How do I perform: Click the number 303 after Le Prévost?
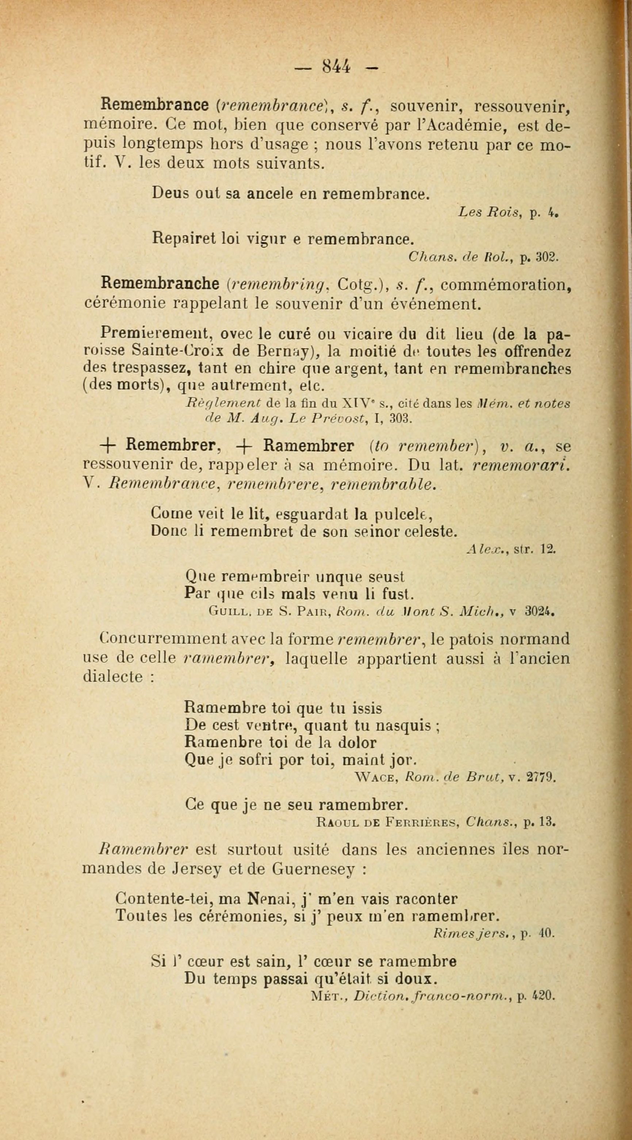coord(401,418)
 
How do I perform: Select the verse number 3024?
coord(539,613)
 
